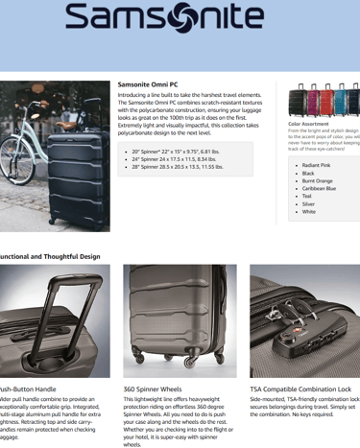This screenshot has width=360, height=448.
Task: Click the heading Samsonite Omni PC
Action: [150, 84]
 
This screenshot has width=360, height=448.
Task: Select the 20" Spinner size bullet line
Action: [182, 152]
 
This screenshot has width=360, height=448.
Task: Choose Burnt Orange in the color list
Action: [318, 181]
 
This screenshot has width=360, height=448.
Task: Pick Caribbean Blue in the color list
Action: [320, 189]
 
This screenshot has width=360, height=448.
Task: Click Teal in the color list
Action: [308, 197]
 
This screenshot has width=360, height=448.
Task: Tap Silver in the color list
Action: [309, 204]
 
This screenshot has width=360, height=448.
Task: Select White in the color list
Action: [309, 212]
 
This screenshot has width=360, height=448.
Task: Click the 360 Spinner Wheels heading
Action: [153, 389]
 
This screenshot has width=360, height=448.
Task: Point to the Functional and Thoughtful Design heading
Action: [50, 256]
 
